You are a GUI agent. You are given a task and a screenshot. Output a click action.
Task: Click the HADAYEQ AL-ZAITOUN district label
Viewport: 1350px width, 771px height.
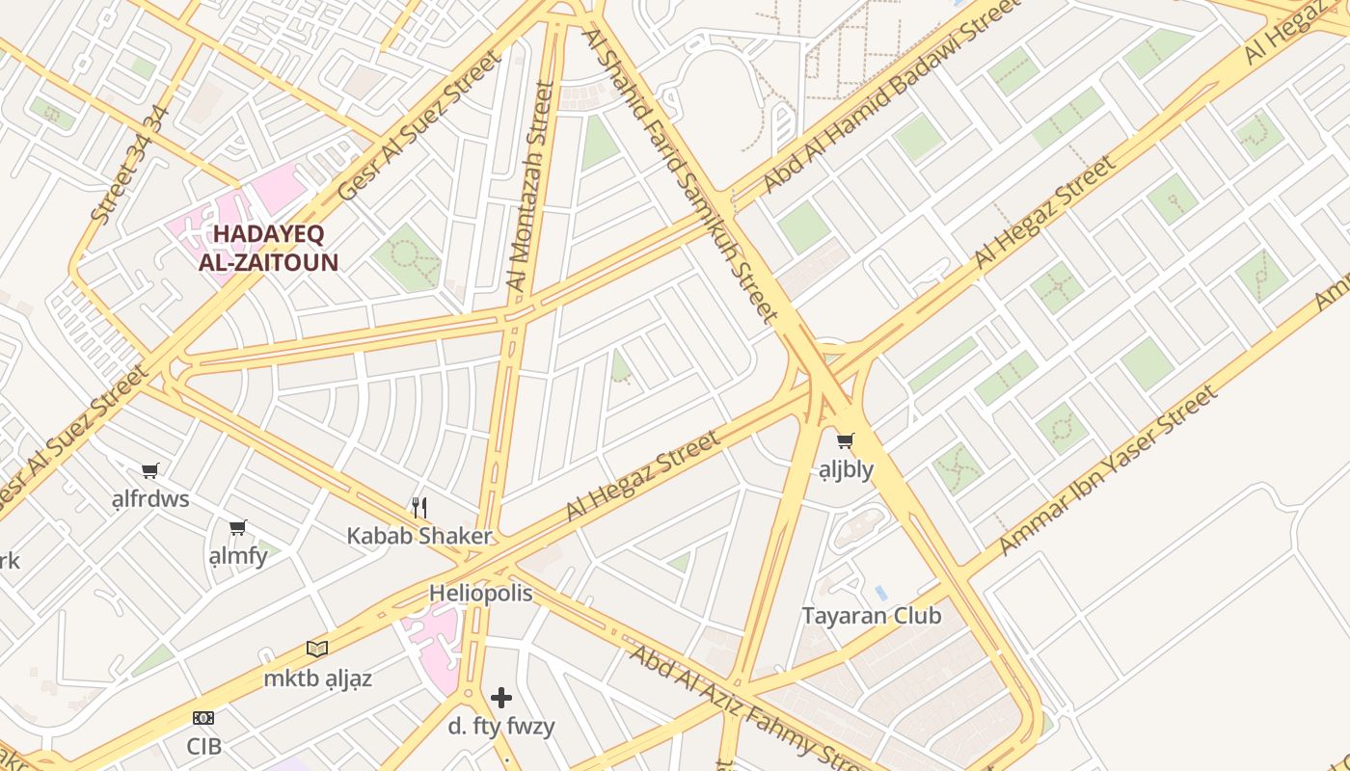tap(268, 248)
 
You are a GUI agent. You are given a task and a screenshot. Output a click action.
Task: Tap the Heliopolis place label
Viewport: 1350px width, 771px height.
tap(480, 594)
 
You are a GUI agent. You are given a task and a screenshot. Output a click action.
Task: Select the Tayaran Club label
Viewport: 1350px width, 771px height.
tap(871, 616)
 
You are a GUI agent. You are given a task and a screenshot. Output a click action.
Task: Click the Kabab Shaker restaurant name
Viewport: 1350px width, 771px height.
tap(419, 537)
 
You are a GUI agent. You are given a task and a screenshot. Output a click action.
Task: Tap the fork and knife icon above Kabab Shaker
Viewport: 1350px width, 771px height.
tap(419, 508)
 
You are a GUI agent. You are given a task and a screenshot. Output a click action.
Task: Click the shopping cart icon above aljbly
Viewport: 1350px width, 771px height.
tap(846, 441)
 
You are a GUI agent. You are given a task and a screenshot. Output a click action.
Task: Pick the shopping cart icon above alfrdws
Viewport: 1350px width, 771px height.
tap(149, 471)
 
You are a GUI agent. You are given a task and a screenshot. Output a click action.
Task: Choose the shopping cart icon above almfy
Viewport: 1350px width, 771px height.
tap(238, 528)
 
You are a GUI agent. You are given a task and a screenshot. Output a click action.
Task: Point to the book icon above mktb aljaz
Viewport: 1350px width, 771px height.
tap(317, 649)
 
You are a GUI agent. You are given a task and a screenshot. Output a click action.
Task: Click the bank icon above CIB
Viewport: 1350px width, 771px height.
tap(203, 718)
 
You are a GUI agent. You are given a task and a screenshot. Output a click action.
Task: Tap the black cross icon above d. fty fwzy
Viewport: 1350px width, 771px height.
tap(501, 698)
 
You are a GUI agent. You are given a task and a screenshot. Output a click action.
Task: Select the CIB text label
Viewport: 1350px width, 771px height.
tap(203, 746)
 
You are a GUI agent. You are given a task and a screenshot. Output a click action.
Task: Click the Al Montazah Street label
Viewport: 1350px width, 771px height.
tap(531, 186)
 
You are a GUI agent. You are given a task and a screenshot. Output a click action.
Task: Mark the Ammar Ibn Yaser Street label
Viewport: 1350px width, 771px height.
tap(1107, 470)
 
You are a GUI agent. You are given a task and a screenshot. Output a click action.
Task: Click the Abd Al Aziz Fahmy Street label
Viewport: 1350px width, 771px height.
tap(747, 708)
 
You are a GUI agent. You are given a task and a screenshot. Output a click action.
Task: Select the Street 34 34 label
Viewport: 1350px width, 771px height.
tap(130, 165)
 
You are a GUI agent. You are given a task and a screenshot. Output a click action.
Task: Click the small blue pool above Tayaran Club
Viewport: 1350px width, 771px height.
tap(880, 592)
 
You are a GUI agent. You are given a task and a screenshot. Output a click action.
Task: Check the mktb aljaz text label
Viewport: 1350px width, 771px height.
tap(317, 678)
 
